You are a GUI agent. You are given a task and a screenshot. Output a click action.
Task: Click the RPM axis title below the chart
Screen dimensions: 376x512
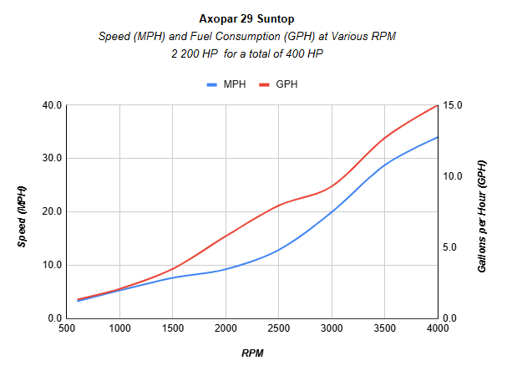pos(252,353)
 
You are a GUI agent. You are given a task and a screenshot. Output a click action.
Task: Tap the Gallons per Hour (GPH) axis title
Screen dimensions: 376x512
pos(482,211)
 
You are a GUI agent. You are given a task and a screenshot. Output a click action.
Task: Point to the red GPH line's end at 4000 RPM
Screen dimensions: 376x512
pos(438,105)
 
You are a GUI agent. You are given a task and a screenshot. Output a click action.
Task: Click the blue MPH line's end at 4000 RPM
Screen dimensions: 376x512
pos(438,137)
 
